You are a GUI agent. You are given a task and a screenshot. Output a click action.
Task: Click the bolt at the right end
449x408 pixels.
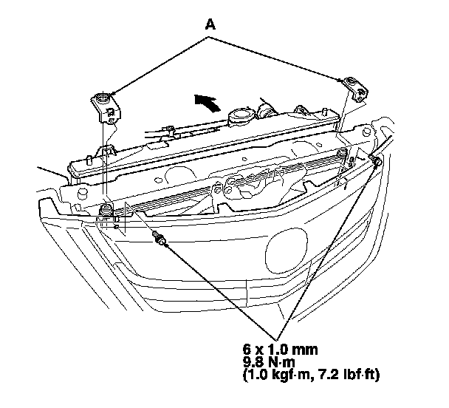(377, 160)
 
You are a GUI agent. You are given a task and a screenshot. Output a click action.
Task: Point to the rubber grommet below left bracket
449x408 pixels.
(106, 209)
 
